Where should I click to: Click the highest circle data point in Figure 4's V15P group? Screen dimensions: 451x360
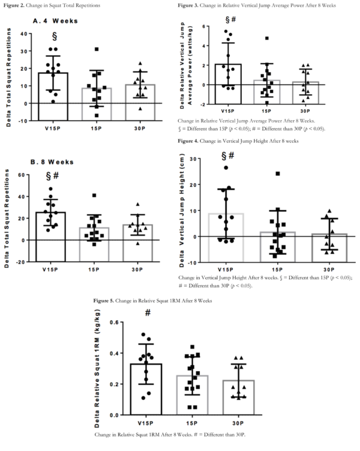point(227,168)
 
